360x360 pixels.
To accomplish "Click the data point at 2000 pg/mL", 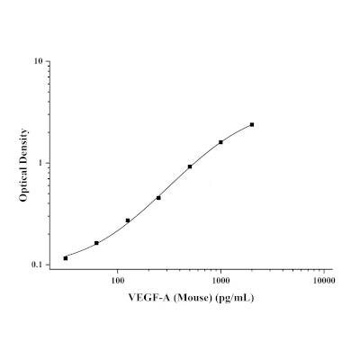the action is (x=252, y=124).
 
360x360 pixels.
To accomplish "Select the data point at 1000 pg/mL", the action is (x=220, y=142).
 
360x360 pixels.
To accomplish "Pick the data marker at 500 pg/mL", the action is (x=190, y=166).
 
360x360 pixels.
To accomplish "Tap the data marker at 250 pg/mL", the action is (x=158, y=198).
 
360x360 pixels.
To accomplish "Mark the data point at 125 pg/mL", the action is (x=128, y=220).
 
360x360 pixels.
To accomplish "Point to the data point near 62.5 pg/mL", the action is (x=96, y=243).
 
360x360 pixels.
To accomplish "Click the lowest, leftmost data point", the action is (x=66, y=258).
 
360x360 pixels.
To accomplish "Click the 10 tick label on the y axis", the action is (x=39, y=61).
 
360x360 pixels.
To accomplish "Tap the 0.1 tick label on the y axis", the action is (x=37, y=265).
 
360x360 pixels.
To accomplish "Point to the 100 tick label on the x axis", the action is (x=118, y=281).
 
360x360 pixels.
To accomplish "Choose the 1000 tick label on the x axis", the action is (x=220, y=281).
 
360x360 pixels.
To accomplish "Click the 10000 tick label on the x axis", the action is (x=324, y=281).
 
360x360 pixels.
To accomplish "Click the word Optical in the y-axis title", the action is (x=23, y=184).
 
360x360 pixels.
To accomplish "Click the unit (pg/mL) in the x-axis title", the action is (x=235, y=298).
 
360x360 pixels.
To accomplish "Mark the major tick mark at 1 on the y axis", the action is (x=48, y=163).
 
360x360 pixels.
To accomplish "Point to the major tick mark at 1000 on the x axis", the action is (x=220, y=267).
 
